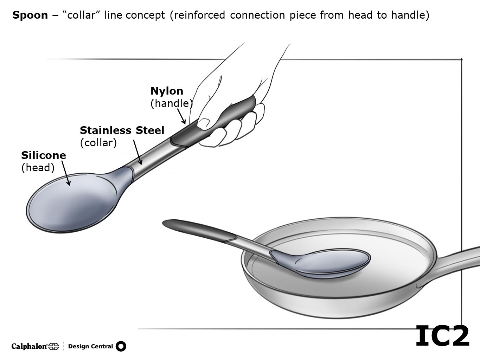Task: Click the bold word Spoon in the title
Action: (30, 15)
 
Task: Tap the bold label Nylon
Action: (167, 91)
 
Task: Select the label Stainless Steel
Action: (122, 130)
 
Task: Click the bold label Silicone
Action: (44, 155)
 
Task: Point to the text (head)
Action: (38, 168)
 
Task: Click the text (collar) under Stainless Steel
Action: (98, 143)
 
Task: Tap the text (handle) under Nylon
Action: (172, 103)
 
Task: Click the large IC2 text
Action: (442, 336)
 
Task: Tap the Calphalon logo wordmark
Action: (30, 347)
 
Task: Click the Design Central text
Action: (90, 346)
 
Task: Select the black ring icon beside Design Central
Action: (121, 346)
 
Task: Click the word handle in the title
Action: (408, 15)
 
